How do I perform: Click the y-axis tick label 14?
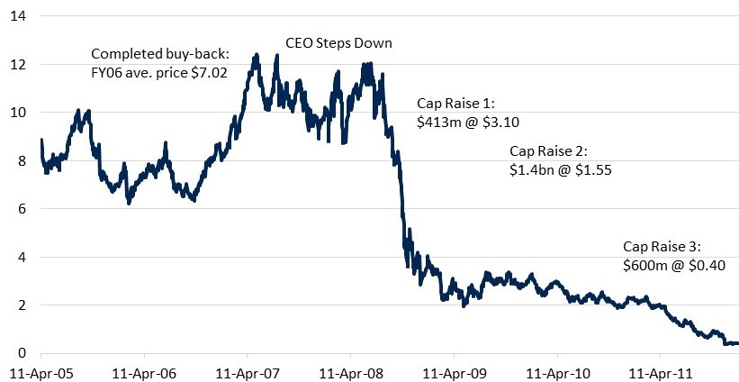17,17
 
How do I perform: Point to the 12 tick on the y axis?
17,65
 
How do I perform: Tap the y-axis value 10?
17,113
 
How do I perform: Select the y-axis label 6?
21,209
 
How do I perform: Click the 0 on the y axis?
21,352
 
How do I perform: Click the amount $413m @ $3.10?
468,122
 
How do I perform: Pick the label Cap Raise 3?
662,246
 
